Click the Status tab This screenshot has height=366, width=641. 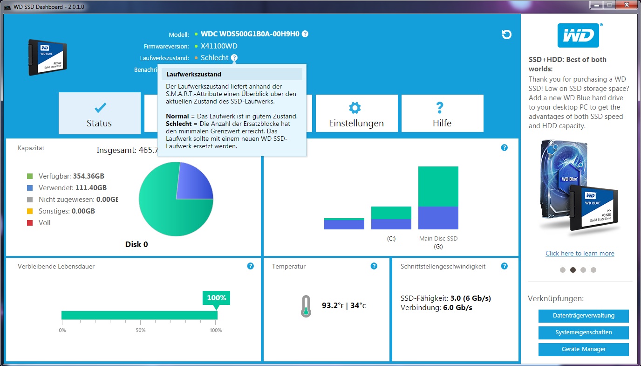point(99,114)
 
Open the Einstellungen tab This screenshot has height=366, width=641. point(356,114)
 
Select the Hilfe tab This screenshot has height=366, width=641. point(442,114)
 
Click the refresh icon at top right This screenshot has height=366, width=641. point(507,35)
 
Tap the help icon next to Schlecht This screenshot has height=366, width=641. point(234,58)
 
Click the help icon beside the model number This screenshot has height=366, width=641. point(305,34)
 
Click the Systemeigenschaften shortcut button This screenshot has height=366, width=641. point(583,332)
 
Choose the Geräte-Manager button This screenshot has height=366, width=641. point(583,349)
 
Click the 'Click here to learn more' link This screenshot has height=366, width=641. point(580,253)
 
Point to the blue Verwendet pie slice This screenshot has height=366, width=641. point(193,182)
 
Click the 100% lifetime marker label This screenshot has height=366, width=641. point(216,297)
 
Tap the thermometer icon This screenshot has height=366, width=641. point(306,306)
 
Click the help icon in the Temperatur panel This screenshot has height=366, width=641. point(374,266)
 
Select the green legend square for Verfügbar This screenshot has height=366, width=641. point(30,176)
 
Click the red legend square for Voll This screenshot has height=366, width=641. point(30,223)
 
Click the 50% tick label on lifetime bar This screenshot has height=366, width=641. point(140,330)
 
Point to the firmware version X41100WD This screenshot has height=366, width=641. point(219,46)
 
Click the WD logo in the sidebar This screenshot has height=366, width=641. point(578,35)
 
